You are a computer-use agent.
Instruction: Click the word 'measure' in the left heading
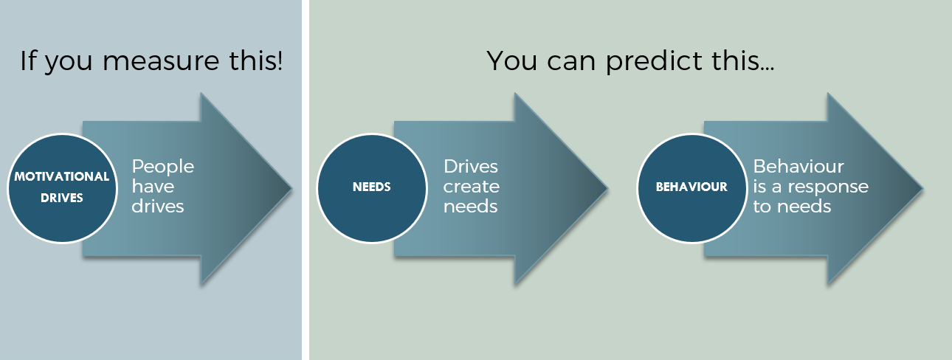[x=161, y=61]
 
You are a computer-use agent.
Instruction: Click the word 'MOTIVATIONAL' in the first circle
[x=62, y=177]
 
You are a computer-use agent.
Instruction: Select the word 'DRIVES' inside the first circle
[x=62, y=198]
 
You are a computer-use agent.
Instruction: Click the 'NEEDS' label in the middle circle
[x=371, y=187]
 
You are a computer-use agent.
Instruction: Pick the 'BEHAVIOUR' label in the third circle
[x=691, y=187]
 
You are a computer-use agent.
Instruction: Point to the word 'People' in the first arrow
[x=163, y=167]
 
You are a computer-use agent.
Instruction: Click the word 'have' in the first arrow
[x=153, y=187]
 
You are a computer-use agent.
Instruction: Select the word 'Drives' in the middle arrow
[x=471, y=167]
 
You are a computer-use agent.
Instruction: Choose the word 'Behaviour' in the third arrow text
[x=798, y=167]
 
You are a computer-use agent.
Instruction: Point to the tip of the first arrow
[x=292, y=188]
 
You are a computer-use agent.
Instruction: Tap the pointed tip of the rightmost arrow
[x=922, y=188]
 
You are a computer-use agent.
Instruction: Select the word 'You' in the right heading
[x=511, y=61]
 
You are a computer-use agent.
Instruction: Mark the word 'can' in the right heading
[x=571, y=63]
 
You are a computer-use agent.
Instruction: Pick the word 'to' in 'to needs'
[x=761, y=207]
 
